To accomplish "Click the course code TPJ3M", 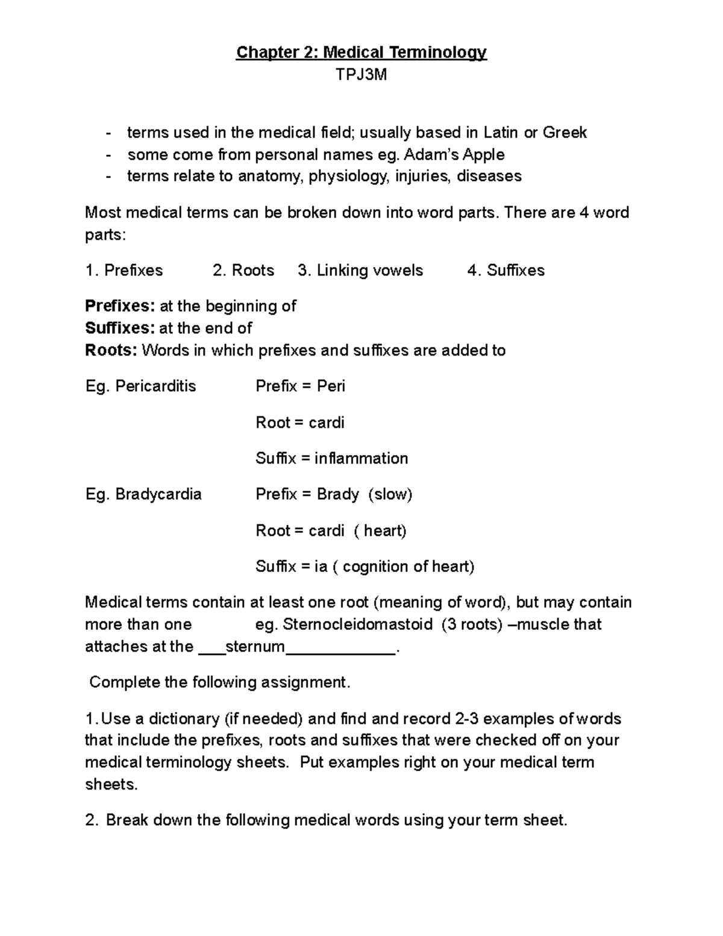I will [x=361, y=75].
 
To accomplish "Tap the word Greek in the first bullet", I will [x=565, y=133].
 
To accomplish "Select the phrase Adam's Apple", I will [x=454, y=155].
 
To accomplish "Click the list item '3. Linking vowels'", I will [x=360, y=271].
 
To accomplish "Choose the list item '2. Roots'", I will [x=243, y=271].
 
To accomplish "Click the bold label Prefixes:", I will [x=120, y=306].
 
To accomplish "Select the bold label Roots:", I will [x=111, y=350].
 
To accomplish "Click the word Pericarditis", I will [x=155, y=386].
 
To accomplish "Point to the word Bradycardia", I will [x=158, y=494].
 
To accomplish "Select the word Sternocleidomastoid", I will [x=357, y=624].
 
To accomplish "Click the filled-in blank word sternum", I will [x=255, y=647].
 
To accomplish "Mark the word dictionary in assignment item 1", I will [x=184, y=719].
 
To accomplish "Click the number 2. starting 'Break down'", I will [x=92, y=820].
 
